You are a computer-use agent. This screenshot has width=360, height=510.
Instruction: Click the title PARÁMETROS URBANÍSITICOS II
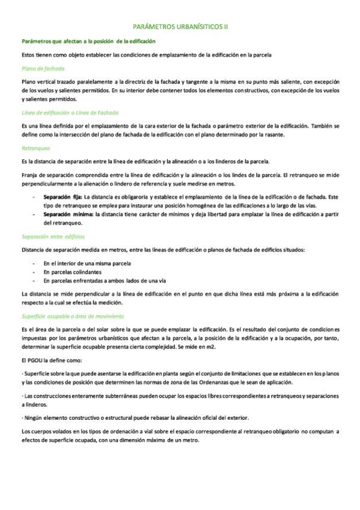click(180, 27)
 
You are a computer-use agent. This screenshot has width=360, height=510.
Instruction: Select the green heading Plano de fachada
click(38, 69)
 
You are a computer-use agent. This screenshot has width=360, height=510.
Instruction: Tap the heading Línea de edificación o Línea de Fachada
click(70, 112)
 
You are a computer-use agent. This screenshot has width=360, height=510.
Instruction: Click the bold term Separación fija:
click(63, 197)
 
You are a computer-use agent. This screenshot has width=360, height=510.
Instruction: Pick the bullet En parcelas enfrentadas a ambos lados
click(100, 281)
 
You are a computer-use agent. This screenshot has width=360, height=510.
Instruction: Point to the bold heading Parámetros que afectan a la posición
click(88, 41)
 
